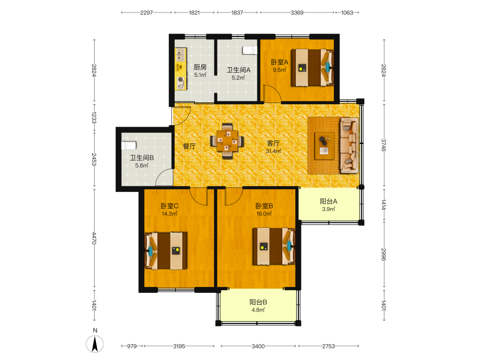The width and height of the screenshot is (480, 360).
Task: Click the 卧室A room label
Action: pyautogui.click(x=279, y=62)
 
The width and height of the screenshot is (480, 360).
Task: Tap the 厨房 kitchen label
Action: pyautogui.click(x=200, y=67)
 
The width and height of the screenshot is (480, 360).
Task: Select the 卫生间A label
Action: pyautogui.click(x=239, y=70)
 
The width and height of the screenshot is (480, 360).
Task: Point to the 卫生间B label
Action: pyautogui.click(x=142, y=158)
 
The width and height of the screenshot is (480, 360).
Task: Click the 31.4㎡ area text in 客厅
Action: pyautogui.click(x=274, y=151)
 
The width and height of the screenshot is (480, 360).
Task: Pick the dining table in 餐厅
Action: pyautogui.click(x=227, y=141)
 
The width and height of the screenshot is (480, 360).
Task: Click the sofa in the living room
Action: pyautogui.click(x=349, y=145)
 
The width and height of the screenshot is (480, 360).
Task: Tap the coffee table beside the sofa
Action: pyautogui.click(x=324, y=146)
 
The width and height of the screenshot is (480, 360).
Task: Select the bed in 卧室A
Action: pyautogui.click(x=312, y=67)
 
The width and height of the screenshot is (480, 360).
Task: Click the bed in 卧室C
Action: pyautogui.click(x=166, y=251)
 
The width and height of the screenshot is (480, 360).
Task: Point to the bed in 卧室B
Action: pyautogui.click(x=274, y=246)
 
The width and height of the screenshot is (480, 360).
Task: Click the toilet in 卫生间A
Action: pyautogui.click(x=250, y=50)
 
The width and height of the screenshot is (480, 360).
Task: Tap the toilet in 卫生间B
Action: pyautogui.click(x=129, y=145)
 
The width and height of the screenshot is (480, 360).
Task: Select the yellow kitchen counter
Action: pyautogui.click(x=180, y=69)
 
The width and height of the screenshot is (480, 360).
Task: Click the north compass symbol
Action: pyautogui.click(x=95, y=344)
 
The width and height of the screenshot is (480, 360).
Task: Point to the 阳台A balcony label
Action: pyautogui.click(x=328, y=202)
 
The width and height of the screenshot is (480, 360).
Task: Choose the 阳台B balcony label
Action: pyautogui.click(x=258, y=302)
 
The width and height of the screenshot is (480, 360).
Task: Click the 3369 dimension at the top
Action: pyautogui.click(x=297, y=12)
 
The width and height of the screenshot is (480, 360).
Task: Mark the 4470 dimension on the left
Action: pyautogui.click(x=94, y=238)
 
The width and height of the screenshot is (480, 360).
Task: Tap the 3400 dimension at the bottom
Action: pyautogui.click(x=258, y=346)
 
